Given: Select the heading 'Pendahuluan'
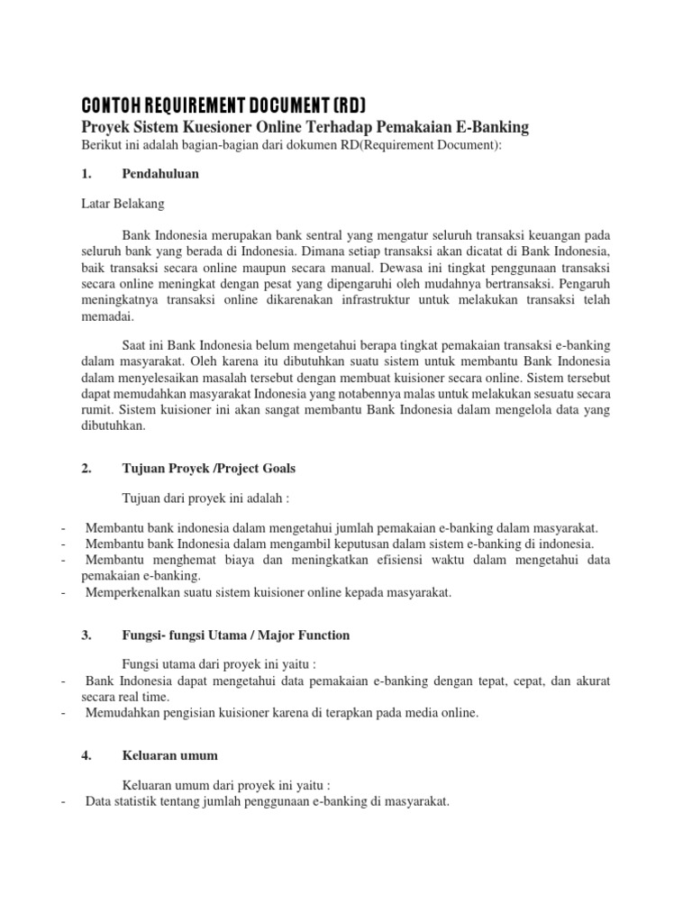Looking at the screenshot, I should (x=160, y=174).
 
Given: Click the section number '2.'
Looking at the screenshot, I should (x=87, y=468).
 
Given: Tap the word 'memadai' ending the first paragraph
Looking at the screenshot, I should (x=105, y=316).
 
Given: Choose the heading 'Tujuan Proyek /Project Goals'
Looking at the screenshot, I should (x=208, y=468).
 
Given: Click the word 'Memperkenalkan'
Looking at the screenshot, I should (x=132, y=592).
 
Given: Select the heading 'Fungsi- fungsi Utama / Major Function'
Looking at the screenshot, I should (x=235, y=635).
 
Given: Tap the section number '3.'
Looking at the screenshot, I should (x=87, y=635).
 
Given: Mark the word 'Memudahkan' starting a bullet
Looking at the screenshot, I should (x=121, y=713).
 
